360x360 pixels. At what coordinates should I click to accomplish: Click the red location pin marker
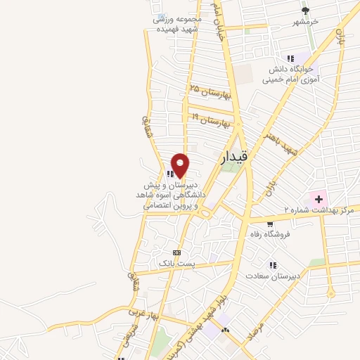[x=181, y=165]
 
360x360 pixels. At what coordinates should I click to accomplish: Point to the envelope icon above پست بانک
[x=176, y=252]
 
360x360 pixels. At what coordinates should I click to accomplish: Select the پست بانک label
[x=175, y=262]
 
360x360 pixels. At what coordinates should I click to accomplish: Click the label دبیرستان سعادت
[x=276, y=276]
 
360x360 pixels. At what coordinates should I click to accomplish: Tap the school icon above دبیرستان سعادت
[x=271, y=264]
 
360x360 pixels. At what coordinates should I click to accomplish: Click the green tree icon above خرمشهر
[x=306, y=11]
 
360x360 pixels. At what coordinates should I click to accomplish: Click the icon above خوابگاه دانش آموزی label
[x=290, y=58]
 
